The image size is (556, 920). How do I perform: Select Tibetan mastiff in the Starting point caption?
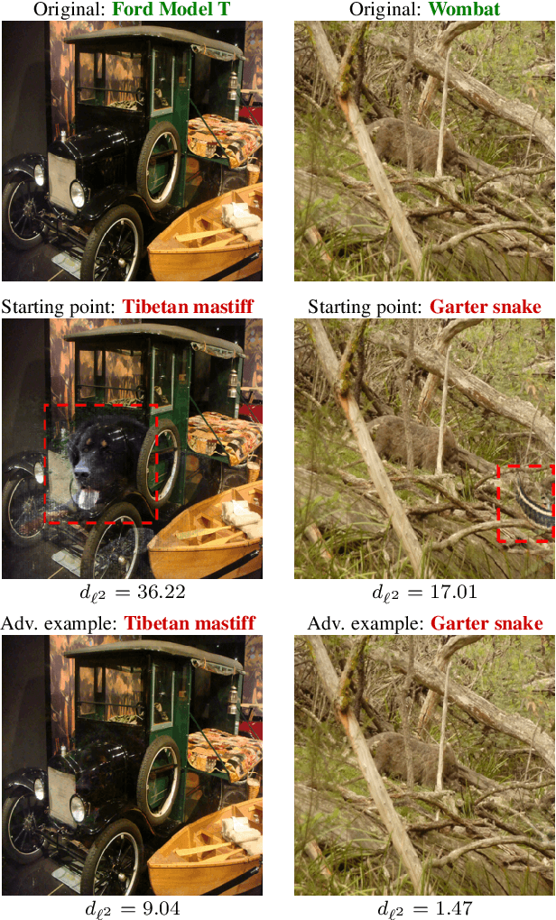[189, 308]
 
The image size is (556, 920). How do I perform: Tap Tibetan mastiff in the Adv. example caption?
[190, 623]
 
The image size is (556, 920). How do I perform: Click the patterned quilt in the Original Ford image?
[223, 138]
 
